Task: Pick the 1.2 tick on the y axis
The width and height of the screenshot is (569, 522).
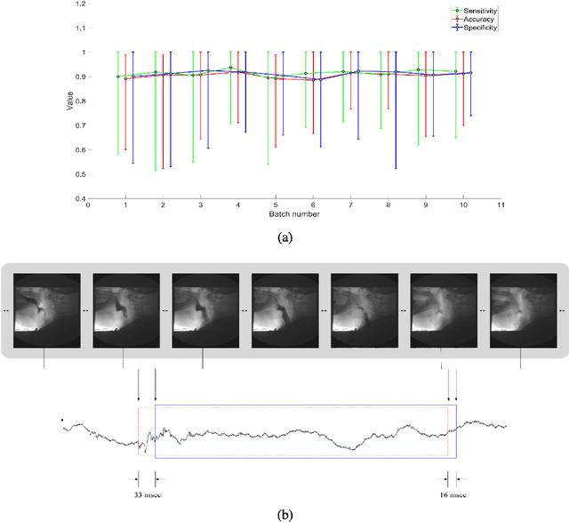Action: click(79, 4)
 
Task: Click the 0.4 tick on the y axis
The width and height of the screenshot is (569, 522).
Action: click(79, 199)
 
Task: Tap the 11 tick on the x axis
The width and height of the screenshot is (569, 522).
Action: click(501, 206)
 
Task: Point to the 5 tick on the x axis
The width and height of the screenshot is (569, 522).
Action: click(276, 206)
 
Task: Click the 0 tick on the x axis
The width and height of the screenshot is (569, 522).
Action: click(88, 206)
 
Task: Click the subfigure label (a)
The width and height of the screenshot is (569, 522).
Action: click(284, 237)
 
